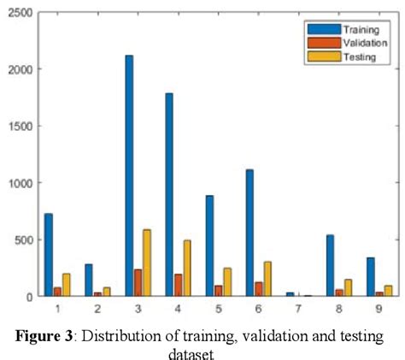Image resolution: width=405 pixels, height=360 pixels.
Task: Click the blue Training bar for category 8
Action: coord(330,265)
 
